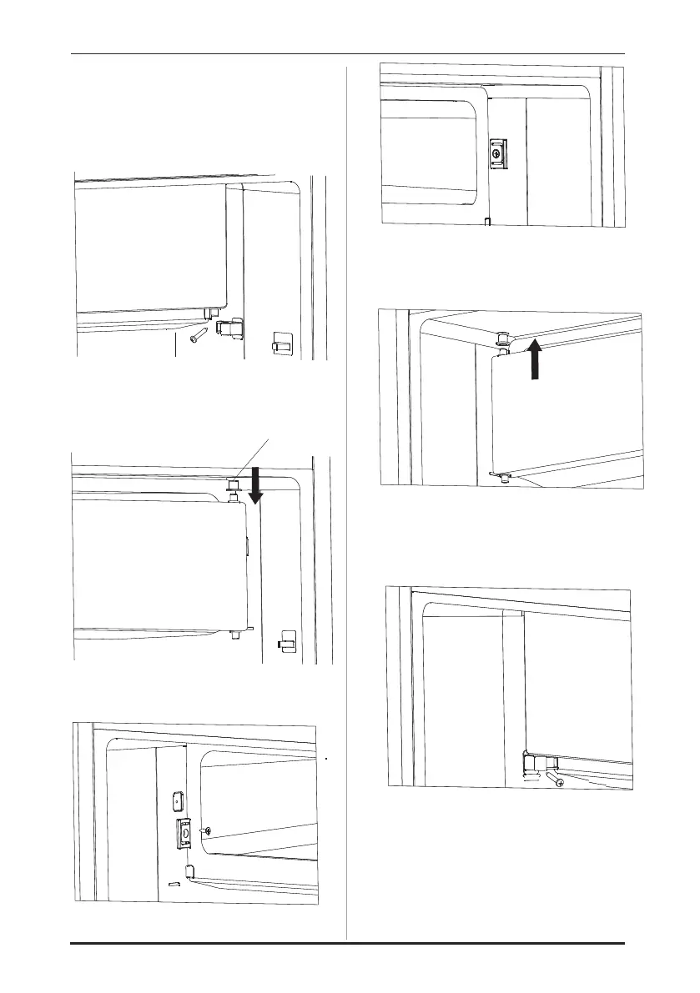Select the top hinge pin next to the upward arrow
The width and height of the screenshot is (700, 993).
pyautogui.click(x=504, y=340)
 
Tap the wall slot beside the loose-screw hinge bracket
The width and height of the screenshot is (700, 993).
pyautogui.click(x=281, y=343)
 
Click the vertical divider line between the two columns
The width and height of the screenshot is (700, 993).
pyautogui.click(x=346, y=500)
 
